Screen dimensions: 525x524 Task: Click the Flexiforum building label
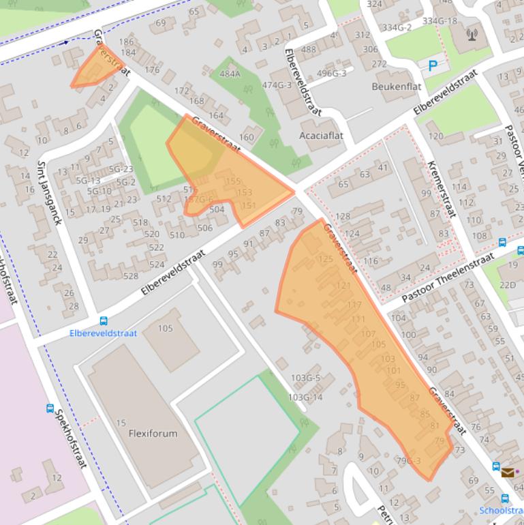[153, 433]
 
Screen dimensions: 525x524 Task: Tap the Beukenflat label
[396, 87]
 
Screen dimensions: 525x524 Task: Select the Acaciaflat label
[321, 135]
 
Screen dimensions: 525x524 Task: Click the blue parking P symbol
[433, 66]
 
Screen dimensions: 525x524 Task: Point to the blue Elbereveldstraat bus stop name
[103, 333]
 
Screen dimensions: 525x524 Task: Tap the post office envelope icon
[508, 472]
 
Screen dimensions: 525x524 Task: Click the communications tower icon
[472, 33]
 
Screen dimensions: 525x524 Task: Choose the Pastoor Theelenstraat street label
[447, 278]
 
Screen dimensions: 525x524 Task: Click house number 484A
[230, 74]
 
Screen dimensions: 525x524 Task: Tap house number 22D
[507, 284]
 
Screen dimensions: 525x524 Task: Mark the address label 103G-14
[305, 397]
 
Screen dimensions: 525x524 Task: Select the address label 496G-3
[332, 74]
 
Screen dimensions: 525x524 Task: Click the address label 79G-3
[408, 460]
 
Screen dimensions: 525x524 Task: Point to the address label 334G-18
[440, 21]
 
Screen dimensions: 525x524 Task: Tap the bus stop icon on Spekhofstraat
[50, 408]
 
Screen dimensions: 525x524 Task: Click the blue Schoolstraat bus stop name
[501, 510]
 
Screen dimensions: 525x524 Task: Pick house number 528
[130, 276]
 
